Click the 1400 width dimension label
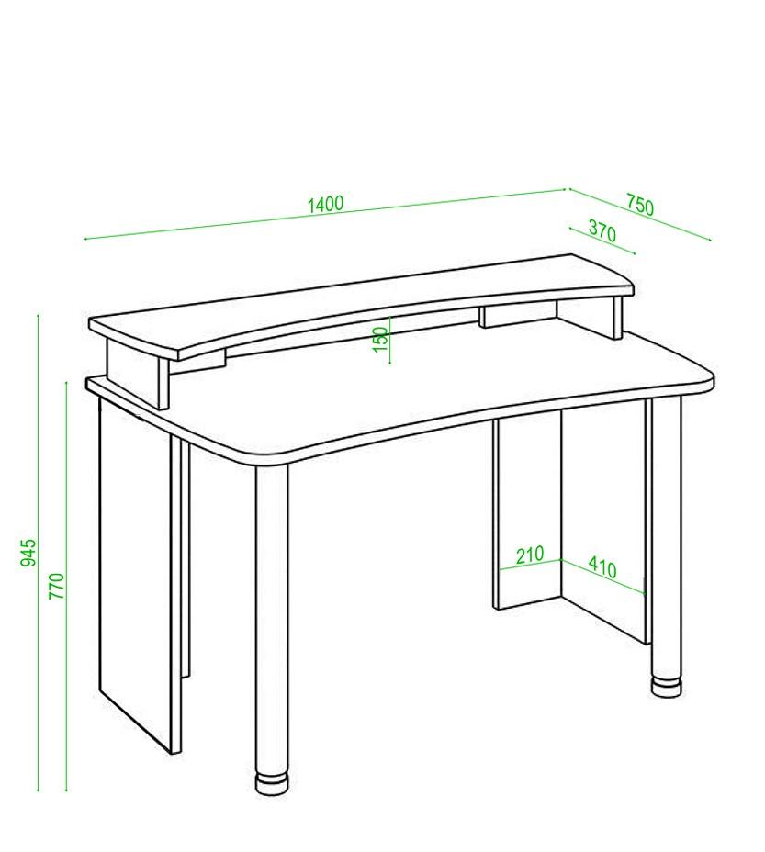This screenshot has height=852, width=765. (x=326, y=204)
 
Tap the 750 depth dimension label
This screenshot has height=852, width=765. (x=639, y=205)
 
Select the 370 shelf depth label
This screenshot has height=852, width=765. (x=602, y=231)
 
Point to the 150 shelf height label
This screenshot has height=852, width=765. (x=381, y=339)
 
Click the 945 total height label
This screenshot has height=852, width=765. (x=28, y=553)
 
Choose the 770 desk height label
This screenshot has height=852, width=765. (x=57, y=586)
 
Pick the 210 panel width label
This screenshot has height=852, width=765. (x=530, y=555)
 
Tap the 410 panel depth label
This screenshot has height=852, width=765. (x=602, y=566)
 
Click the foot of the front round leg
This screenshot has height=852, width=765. (x=273, y=784)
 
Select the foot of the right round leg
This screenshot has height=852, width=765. (x=667, y=686)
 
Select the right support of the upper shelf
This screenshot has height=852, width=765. (x=618, y=318)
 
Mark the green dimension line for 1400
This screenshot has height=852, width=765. (x=326, y=214)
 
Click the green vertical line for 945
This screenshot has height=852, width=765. (x=38, y=553)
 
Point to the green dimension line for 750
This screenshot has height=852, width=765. (x=640, y=214)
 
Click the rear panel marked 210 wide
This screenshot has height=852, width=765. (x=527, y=513)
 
